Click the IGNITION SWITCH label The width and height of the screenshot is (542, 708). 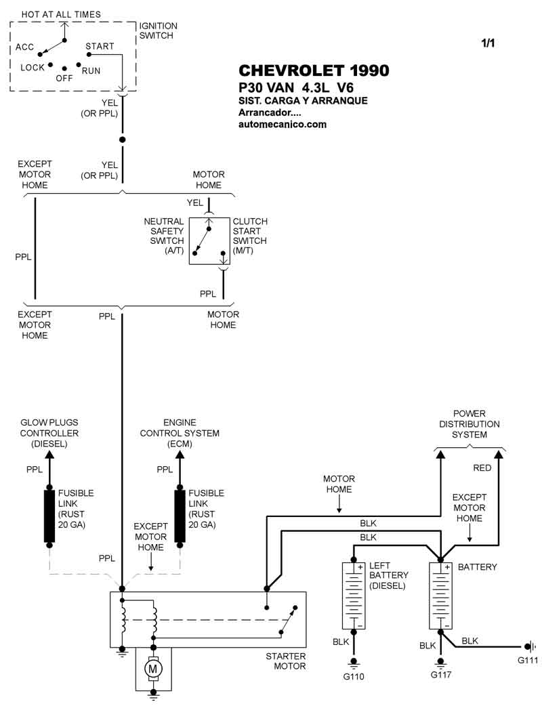coord(158,30)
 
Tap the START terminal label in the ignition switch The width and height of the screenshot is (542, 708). coord(100,47)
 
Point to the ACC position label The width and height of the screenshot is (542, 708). coord(25,47)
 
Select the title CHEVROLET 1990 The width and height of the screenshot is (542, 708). coord(314,71)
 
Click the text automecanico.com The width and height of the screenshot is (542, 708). coord(283,124)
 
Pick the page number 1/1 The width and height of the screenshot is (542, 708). coord(488,43)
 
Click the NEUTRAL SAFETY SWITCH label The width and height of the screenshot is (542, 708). coord(163,236)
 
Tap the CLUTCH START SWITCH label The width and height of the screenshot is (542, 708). coord(250,236)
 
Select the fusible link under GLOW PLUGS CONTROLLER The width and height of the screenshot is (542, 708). coord(49,516)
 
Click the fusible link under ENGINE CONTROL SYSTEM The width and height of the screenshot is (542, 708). coord(180,516)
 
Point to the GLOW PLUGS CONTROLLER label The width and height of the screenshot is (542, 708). coord(49,433)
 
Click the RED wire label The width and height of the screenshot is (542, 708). coord(482,467)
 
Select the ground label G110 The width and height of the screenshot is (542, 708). coord(354,675)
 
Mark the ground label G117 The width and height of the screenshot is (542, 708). coord(441,675)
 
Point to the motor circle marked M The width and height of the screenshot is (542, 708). coord(152,669)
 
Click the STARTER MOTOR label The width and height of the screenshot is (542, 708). coord(286,661)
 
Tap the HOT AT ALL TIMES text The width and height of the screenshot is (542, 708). coord(61,14)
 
